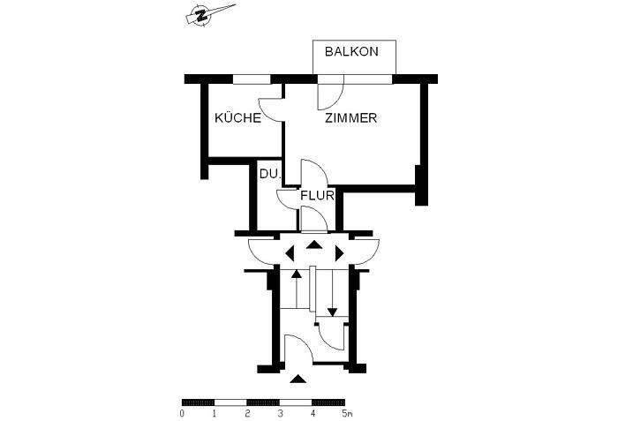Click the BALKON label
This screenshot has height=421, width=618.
click(351, 52)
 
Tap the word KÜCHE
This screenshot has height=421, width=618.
click(237, 118)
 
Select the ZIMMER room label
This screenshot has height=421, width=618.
click(350, 118)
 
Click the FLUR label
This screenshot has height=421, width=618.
click(317, 196)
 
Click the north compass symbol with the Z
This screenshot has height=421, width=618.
click(203, 15)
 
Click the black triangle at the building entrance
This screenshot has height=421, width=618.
click(299, 380)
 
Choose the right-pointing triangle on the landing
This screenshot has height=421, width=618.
click(340, 252)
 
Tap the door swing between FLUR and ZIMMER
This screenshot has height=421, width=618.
click(311, 171)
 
